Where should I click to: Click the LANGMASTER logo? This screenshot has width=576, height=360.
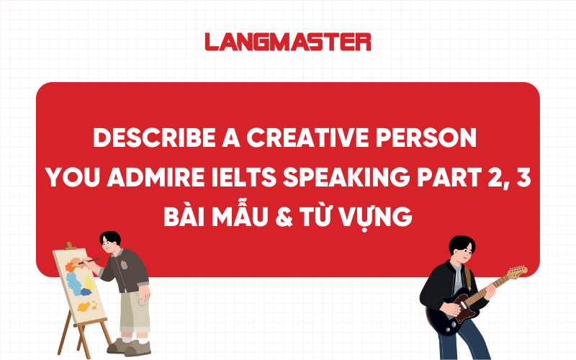288,42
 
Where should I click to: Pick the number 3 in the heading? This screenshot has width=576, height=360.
523,178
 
